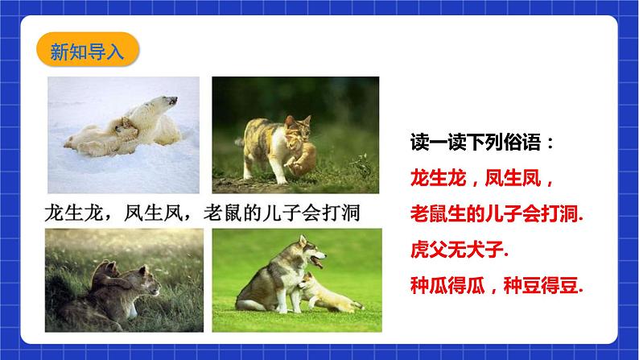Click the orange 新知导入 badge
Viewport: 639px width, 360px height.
click(88, 50)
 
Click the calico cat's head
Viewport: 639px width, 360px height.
click(298, 124)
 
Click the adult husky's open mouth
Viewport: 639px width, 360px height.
click(317, 260)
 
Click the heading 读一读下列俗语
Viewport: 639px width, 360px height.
click(482, 143)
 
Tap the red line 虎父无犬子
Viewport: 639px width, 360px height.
click(460, 249)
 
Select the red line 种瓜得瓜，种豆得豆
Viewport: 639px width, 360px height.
click(497, 285)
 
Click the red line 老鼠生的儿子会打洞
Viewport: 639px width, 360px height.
click(497, 213)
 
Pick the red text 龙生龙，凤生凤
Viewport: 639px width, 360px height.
click(482, 178)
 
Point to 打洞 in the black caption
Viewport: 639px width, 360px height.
click(341, 213)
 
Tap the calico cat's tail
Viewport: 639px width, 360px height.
click(240, 143)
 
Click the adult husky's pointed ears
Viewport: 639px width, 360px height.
click(302, 240)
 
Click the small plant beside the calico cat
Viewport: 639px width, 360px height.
click(362, 167)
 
